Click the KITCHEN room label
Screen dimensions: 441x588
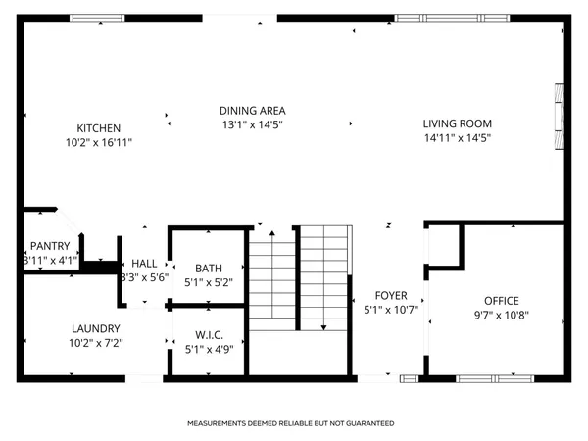pyautogui.click(x=99, y=128)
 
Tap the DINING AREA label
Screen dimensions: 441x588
pyautogui.click(x=252, y=111)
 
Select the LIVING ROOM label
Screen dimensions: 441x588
pyautogui.click(x=457, y=123)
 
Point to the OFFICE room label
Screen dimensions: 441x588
pyautogui.click(x=500, y=301)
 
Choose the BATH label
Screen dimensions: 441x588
pyautogui.click(x=209, y=269)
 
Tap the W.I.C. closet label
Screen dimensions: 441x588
pyautogui.click(x=208, y=330)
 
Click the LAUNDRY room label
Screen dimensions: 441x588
pyautogui.click(x=96, y=328)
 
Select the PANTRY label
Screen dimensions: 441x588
pyautogui.click(x=49, y=246)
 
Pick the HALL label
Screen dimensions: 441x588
pyautogui.click(x=144, y=263)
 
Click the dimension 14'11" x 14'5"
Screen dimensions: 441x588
pyautogui.click(x=457, y=138)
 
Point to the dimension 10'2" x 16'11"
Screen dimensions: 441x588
pyautogui.click(x=99, y=143)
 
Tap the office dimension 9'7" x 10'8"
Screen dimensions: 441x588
pyautogui.click(x=500, y=316)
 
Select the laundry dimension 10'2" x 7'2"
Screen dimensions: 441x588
pyautogui.click(x=96, y=343)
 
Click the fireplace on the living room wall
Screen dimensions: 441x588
pyautogui.click(x=560, y=115)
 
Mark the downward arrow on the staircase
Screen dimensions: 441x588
pyautogui.click(x=324, y=327)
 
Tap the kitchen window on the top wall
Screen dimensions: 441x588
pyautogui.click(x=97, y=18)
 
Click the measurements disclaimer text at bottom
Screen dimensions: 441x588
pyautogui.click(x=291, y=423)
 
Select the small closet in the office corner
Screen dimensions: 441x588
pyautogui.click(x=444, y=245)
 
